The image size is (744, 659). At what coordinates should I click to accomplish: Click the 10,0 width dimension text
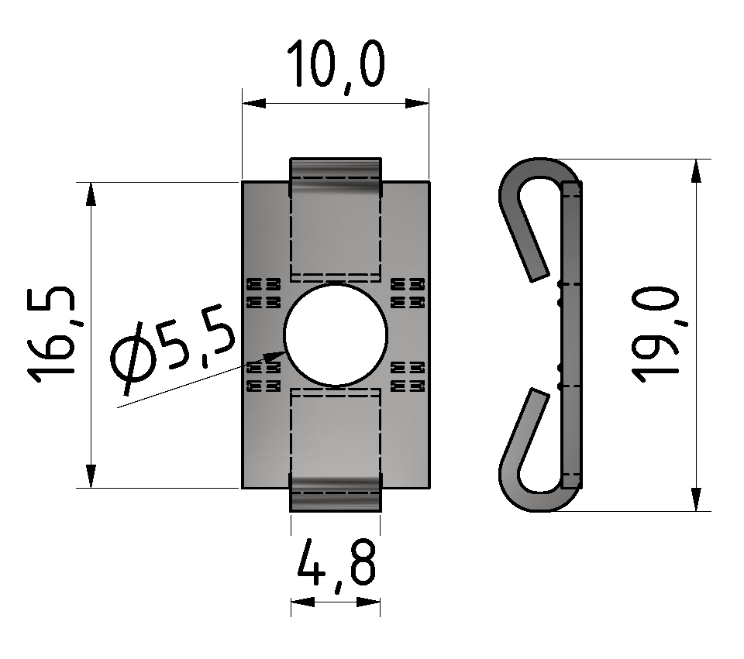[x=336, y=65]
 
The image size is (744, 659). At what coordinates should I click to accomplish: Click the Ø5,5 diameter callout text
[x=172, y=351]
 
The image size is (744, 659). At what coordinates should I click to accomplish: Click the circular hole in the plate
[x=336, y=335]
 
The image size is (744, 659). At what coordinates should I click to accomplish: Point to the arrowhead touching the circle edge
[x=274, y=355]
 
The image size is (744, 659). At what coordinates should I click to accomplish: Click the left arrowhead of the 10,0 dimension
[x=254, y=103]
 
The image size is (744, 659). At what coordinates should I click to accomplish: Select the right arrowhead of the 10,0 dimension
[x=417, y=103]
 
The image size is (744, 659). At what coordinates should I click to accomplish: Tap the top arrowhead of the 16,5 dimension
[x=91, y=194]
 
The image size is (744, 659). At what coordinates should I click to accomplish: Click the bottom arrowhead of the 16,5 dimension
[x=91, y=476]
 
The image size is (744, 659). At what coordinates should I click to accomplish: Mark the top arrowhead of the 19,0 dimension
[x=696, y=170]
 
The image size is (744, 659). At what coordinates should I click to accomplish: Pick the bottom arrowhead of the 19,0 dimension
[x=696, y=499]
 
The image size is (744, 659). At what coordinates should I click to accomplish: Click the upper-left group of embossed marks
[x=263, y=293]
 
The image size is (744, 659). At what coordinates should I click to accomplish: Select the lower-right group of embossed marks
[x=408, y=376]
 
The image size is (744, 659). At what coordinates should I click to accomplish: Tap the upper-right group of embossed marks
[x=408, y=293]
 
